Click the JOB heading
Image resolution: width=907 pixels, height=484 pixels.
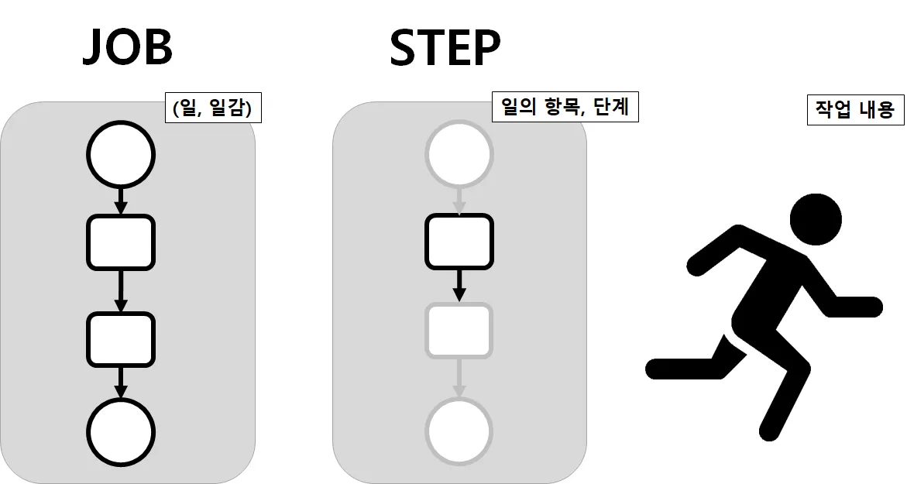pos(127,48)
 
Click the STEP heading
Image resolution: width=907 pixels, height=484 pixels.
pos(445,48)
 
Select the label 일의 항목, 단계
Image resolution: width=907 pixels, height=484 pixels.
pos(565,108)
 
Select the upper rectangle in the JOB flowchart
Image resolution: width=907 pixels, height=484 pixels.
pos(120,242)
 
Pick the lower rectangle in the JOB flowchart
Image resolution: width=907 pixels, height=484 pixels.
pos(120,339)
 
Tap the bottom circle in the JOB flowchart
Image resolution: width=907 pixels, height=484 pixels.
pos(120,431)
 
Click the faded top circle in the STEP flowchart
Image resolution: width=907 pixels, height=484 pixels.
pos(459,154)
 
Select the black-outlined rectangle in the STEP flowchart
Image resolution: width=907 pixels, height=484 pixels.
pos(459,241)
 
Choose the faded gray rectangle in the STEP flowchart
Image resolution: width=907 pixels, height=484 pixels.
pos(459,331)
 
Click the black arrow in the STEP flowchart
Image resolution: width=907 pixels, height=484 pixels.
pos(459,284)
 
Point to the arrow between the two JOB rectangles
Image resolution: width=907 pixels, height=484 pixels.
pos(120,290)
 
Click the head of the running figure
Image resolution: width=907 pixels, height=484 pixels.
pos(815,219)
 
